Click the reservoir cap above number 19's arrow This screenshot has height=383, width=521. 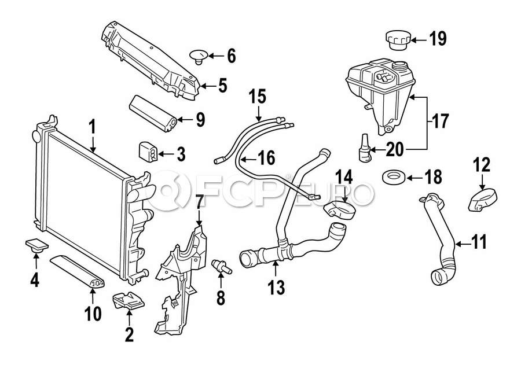pyautogui.click(x=397, y=41)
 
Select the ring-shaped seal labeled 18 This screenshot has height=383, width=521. pyautogui.click(x=395, y=176)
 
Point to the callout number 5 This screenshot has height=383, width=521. pyautogui.click(x=222, y=86)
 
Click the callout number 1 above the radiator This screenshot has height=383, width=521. pyautogui.click(x=92, y=127)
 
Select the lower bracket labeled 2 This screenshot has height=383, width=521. pyautogui.click(x=130, y=301)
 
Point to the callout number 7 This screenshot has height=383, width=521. pyautogui.click(x=199, y=202)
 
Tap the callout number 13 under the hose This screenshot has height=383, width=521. pyautogui.click(x=276, y=287)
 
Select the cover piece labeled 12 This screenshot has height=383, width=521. pyautogui.click(x=480, y=199)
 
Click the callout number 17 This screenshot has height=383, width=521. pyautogui.click(x=440, y=122)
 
